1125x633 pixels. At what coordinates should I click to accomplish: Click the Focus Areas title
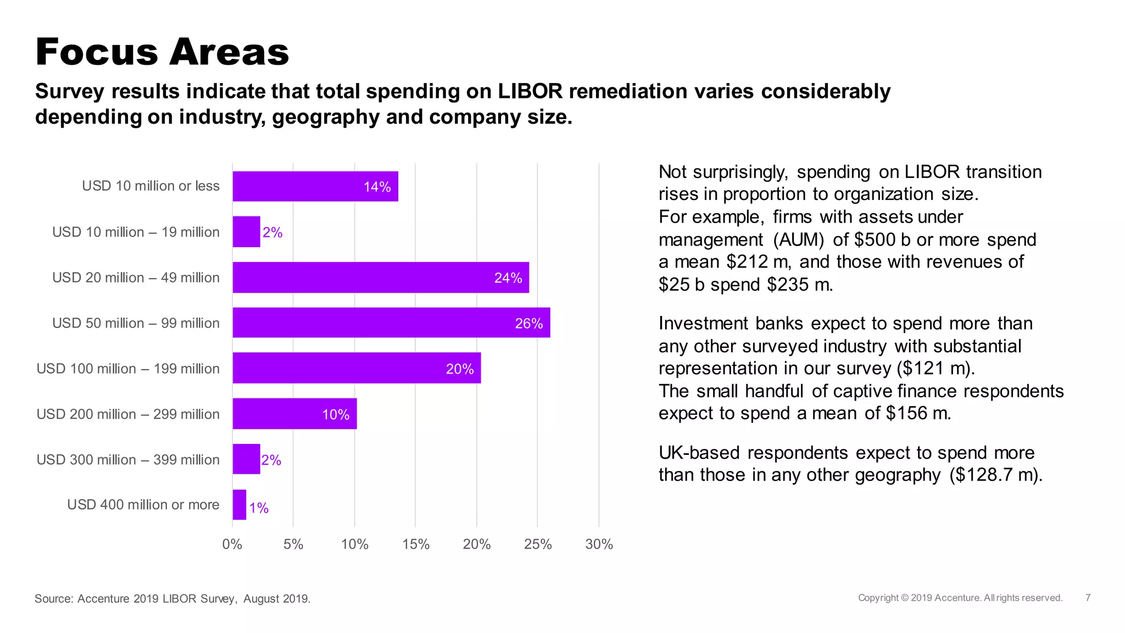coord(162,52)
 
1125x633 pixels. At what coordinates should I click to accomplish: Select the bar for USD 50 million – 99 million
coord(391,323)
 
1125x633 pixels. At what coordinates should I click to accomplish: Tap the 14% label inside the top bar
coord(377,187)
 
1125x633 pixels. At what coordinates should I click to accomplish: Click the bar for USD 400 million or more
coord(240,504)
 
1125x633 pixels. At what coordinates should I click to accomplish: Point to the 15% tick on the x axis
coord(416,544)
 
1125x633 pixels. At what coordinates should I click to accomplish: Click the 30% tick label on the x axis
coord(599,544)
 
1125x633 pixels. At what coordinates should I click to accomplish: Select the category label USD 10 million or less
coord(151,186)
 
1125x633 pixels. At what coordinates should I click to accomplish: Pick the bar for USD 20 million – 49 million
coord(381,277)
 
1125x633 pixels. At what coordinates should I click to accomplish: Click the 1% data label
coord(259,508)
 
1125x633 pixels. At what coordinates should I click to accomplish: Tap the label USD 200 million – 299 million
coord(128,414)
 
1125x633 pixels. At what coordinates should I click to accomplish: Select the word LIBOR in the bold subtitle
coord(530,91)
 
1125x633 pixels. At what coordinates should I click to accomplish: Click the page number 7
coord(1088,598)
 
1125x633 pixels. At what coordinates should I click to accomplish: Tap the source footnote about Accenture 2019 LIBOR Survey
coord(172,598)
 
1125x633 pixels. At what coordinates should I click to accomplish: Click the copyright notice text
coord(960,598)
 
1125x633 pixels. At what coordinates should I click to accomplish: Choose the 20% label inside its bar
coord(460,369)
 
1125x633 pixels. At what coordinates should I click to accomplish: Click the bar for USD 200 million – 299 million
coord(294,414)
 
